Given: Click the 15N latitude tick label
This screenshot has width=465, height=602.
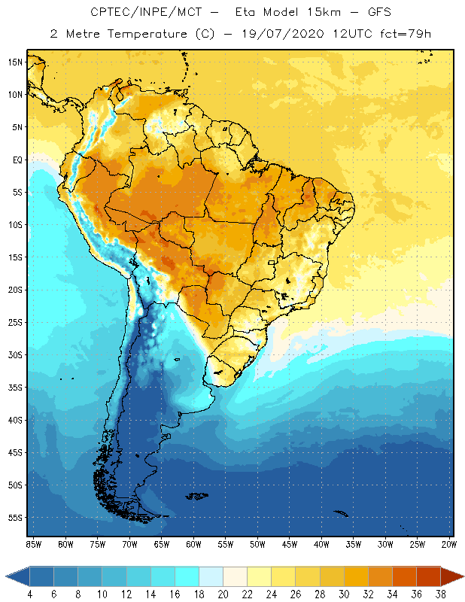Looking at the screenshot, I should pyautogui.click(x=15, y=62).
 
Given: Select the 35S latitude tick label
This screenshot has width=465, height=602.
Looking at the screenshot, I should pyautogui.click(x=15, y=388).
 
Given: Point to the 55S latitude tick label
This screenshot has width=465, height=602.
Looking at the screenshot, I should pyautogui.click(x=15, y=518).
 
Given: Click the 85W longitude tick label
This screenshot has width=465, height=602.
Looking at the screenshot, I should pyautogui.click(x=34, y=544).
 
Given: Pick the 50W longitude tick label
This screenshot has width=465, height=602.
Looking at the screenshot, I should pyautogui.click(x=258, y=544).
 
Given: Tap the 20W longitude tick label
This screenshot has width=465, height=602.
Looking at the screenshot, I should pyautogui.click(x=449, y=544).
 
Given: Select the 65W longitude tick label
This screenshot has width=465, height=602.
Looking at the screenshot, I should pyautogui.click(x=162, y=544).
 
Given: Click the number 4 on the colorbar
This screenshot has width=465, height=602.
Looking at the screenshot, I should pyautogui.click(x=30, y=594).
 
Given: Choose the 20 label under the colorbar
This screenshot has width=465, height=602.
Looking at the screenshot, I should pyautogui.click(x=223, y=594).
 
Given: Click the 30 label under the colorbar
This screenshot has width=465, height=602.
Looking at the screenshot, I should pyautogui.click(x=344, y=594).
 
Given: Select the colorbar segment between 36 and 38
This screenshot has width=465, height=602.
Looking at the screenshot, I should pyautogui.click(x=428, y=576).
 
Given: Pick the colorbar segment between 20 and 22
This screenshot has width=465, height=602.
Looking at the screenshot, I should pyautogui.click(x=235, y=576).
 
